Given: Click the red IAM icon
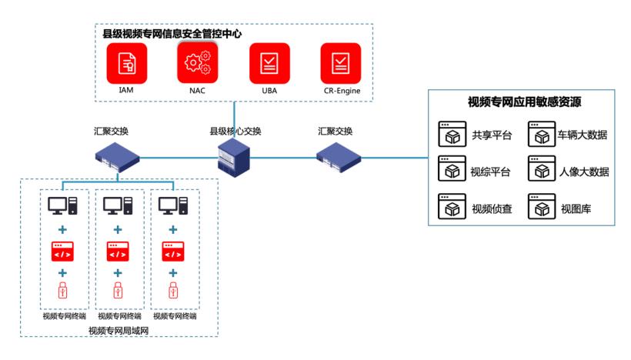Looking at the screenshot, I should pyautogui.click(x=126, y=63).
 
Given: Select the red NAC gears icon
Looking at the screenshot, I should pyautogui.click(x=198, y=62).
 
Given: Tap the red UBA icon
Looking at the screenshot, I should pyautogui.click(x=269, y=63).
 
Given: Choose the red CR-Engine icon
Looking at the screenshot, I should pyautogui.click(x=340, y=63).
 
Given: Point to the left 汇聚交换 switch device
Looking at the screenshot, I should pyautogui.click(x=116, y=157).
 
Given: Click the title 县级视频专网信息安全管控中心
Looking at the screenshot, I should pyautogui.click(x=178, y=34).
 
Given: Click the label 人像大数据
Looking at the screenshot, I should pyautogui.click(x=583, y=172).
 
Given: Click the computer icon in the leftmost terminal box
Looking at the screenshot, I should pyautogui.click(x=62, y=206).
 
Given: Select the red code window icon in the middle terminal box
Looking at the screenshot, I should pyautogui.click(x=118, y=251).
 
